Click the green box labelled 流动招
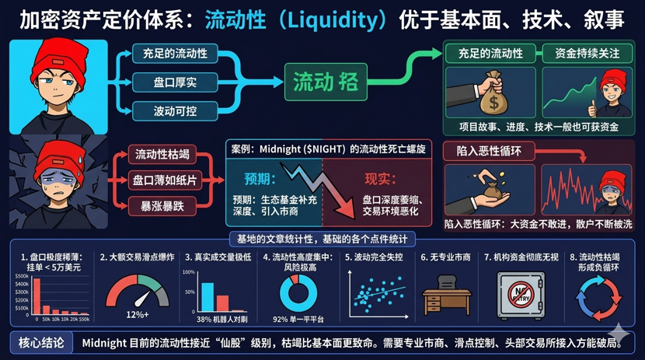[x=324, y=82]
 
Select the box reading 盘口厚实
[x=175, y=82]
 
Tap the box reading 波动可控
[x=175, y=110]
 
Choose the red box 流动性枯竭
[x=162, y=154]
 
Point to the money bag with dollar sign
[x=491, y=94]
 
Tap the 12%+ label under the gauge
[x=137, y=315]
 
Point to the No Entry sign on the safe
[x=520, y=293]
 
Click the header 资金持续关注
[x=587, y=54]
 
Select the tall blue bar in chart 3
[x=207, y=296]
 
